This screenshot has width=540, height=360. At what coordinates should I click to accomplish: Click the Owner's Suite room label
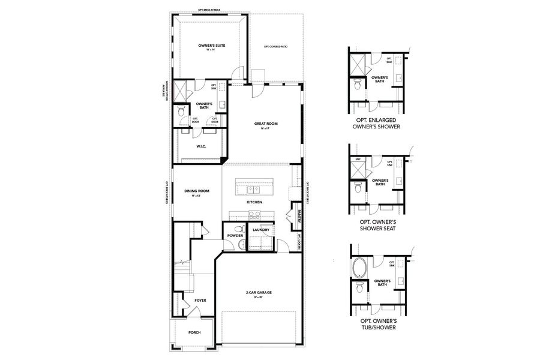[x=211, y=46]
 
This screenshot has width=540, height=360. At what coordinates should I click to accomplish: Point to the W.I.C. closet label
[x=202, y=146]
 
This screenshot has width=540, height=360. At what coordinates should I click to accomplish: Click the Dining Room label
[x=196, y=193]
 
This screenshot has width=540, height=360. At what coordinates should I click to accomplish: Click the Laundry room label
[x=261, y=230]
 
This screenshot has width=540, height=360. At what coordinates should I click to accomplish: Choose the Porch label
[x=194, y=332]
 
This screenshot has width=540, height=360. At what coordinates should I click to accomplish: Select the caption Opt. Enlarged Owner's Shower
[x=378, y=123]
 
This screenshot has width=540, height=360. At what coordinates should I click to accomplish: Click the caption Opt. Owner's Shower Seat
[x=378, y=224]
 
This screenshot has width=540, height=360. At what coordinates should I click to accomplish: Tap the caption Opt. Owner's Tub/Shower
[x=378, y=325]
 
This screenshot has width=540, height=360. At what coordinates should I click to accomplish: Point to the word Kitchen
[x=254, y=202]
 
